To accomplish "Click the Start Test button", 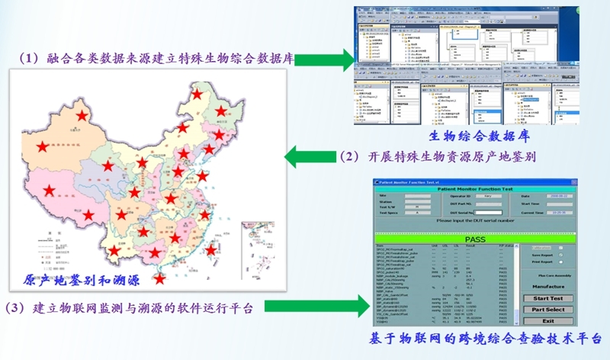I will point(547,298).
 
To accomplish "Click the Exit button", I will point(547,321).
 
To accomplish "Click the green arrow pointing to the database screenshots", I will point(326,59).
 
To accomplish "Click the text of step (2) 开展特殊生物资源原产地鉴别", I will point(439,158).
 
